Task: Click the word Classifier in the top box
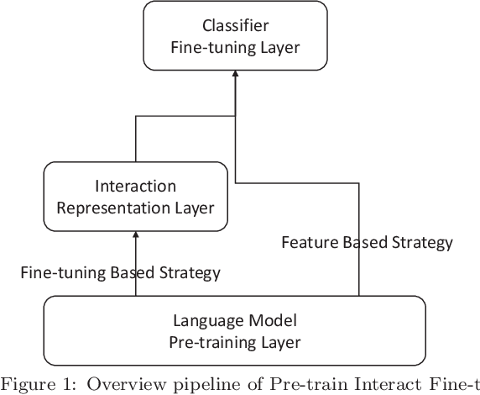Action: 235,26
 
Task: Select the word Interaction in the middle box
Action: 135,186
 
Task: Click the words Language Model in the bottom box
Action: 235,320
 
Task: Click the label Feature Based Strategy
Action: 367,243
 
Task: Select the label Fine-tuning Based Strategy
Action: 120,272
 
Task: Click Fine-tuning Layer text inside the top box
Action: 235,48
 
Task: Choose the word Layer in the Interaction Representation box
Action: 194,208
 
